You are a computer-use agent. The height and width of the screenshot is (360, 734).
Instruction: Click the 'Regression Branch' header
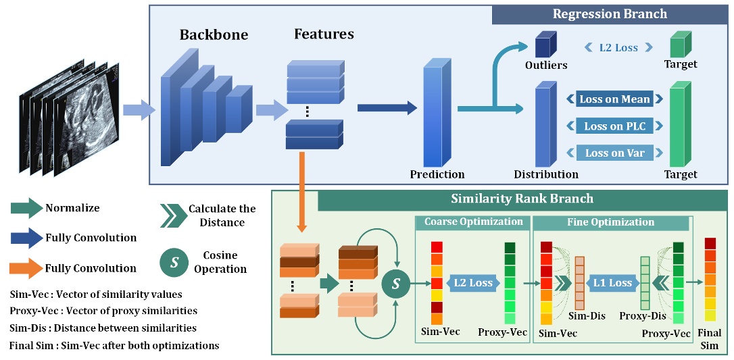(609, 14)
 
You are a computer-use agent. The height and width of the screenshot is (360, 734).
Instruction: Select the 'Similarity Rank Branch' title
(522, 199)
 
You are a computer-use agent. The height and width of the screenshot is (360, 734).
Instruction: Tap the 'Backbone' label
(214, 34)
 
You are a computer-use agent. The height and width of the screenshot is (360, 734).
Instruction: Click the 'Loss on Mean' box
(614, 99)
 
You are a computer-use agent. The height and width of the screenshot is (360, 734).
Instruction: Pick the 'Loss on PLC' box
(614, 126)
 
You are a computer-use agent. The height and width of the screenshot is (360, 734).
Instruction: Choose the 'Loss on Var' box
(614, 153)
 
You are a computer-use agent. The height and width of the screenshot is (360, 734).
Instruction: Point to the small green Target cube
(678, 45)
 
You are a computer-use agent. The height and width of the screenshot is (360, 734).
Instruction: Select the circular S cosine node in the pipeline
(396, 283)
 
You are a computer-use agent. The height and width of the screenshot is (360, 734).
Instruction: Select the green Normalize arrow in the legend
(26, 209)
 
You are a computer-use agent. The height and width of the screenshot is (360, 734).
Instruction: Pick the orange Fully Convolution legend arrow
(26, 268)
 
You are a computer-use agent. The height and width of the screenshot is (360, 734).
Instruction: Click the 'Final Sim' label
(710, 339)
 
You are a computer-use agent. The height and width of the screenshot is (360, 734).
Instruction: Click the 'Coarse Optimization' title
(473, 222)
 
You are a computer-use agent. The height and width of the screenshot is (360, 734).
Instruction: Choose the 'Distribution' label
(546, 174)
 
